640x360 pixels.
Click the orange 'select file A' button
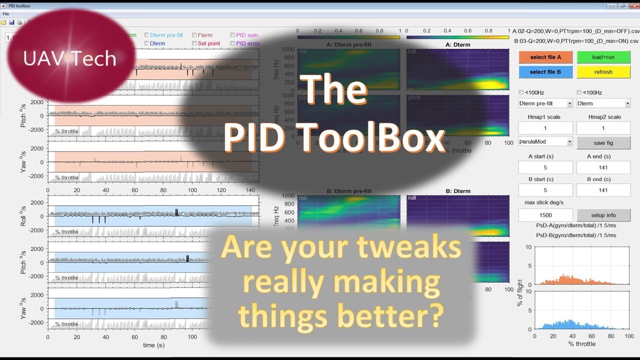tap(545, 57)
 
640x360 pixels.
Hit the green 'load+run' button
tap(603, 57)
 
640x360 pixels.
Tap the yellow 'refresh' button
tap(603, 72)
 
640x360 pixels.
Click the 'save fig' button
tap(603, 143)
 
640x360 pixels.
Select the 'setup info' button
tap(603, 215)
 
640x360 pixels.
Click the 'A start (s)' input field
tap(545, 167)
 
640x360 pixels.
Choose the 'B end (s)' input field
tap(603, 190)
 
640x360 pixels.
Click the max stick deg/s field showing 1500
tap(545, 215)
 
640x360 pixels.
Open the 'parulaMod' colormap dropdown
tap(545, 142)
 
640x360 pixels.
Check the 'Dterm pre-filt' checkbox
tap(146, 35)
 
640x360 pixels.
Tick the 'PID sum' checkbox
tap(232, 35)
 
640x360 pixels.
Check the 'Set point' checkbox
tap(194, 43)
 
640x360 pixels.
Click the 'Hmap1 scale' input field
tap(545, 128)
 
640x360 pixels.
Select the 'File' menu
tap(6, 13)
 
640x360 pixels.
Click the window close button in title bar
tap(632, 6)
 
